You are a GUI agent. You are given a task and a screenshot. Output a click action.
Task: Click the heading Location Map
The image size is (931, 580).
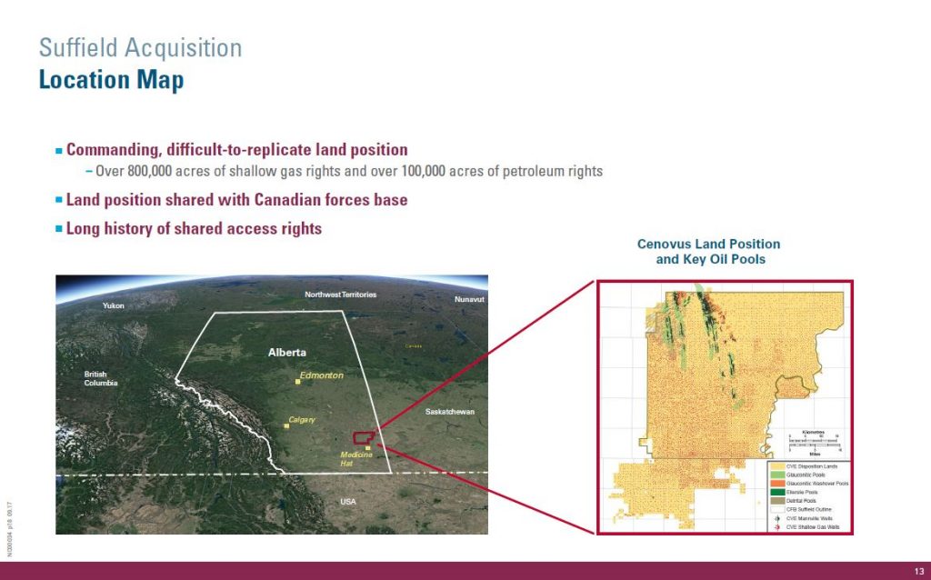[x=111, y=80]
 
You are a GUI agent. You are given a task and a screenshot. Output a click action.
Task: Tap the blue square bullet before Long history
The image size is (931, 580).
[x=59, y=229]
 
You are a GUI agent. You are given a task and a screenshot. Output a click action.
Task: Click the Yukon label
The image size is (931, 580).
[x=114, y=305]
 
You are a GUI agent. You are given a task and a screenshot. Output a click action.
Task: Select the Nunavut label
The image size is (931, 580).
[x=469, y=299]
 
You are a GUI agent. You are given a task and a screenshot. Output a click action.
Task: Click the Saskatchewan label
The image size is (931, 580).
[x=450, y=412]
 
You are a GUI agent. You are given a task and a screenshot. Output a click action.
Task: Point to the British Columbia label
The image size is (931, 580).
[x=101, y=378]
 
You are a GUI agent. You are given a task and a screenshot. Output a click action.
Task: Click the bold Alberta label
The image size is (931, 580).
[x=288, y=352]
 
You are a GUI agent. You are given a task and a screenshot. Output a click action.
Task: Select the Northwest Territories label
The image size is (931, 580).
[x=340, y=295]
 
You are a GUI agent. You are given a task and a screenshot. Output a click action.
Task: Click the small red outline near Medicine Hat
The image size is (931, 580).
[x=363, y=438]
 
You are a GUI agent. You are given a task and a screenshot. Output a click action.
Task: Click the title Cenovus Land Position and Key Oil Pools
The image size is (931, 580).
[x=708, y=252]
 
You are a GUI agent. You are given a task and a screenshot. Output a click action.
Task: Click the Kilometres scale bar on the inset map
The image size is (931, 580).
[x=814, y=440]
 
